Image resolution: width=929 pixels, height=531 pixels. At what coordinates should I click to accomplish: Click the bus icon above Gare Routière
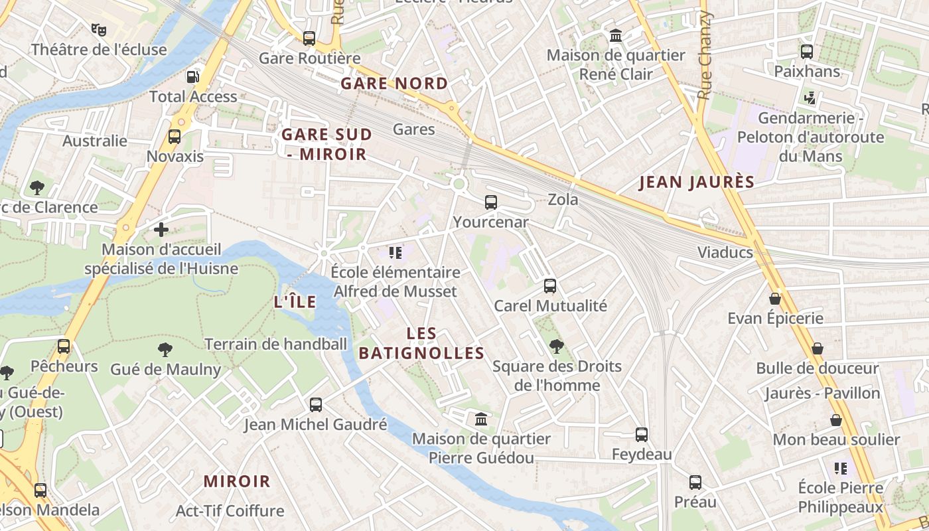(x=309, y=38)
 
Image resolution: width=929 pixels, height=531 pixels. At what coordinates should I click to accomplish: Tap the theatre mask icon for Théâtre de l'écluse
(x=99, y=29)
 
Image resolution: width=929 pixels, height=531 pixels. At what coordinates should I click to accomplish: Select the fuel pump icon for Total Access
(x=192, y=77)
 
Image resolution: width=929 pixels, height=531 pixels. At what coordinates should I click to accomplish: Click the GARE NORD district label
(x=394, y=84)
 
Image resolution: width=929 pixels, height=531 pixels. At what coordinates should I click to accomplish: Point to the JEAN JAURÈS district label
(x=697, y=183)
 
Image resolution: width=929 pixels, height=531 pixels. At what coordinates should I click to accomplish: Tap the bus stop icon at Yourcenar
(x=491, y=202)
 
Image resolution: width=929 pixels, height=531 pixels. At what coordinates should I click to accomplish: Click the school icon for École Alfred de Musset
(x=395, y=253)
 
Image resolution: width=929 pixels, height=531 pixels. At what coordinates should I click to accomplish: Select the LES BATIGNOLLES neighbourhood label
(x=422, y=343)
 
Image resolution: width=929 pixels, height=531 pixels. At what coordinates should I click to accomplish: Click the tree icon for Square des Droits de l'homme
(x=557, y=346)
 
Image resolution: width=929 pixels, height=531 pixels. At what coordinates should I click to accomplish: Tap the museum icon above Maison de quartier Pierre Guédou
(x=481, y=419)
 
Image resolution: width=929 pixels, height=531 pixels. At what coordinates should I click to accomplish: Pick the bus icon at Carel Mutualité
(x=550, y=286)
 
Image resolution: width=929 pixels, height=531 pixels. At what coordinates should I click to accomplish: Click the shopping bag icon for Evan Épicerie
(x=775, y=299)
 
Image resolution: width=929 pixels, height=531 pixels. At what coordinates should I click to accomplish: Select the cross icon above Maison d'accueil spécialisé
(x=161, y=230)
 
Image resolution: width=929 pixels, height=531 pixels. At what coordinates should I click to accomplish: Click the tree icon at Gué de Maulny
(x=165, y=350)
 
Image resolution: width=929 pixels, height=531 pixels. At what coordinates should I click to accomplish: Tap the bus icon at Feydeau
(x=642, y=435)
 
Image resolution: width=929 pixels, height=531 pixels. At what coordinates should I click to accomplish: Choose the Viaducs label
(x=725, y=252)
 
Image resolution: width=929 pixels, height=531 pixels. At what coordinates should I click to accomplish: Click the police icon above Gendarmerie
(x=810, y=98)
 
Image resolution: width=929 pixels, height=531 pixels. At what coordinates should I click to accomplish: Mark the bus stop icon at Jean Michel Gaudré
(x=316, y=404)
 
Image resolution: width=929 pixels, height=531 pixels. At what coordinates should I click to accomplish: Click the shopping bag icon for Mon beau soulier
(x=836, y=420)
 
